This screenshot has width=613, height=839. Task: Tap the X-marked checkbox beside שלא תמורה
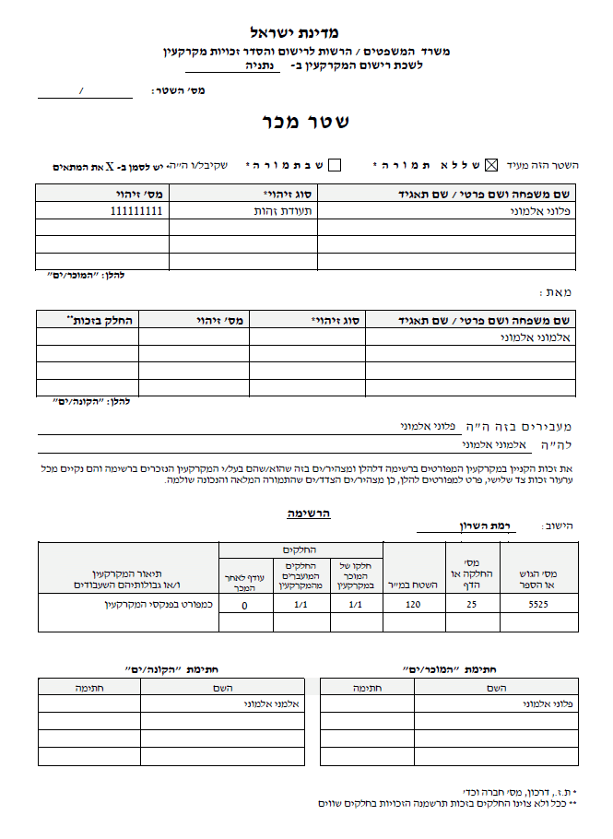(x=490, y=165)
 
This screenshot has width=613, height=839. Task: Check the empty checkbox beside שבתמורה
(x=335, y=165)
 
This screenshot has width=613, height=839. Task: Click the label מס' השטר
(x=177, y=91)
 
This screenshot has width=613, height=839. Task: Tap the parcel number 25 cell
(x=473, y=605)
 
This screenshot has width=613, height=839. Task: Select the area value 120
(x=415, y=605)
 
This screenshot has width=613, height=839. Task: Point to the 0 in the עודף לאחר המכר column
(x=244, y=606)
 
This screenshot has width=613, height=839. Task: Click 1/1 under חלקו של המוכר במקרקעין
(x=357, y=605)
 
